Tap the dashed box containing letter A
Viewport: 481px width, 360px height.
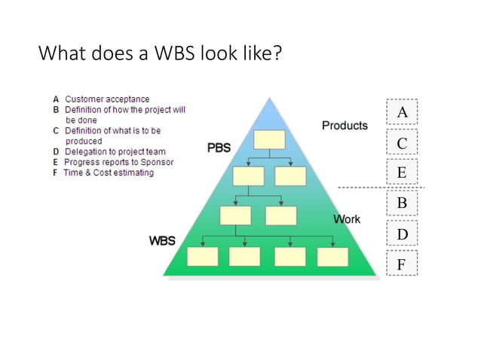(402, 112)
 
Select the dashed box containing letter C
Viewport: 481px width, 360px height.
(402, 143)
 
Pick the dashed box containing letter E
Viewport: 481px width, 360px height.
(402, 173)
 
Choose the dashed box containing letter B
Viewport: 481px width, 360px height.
(402, 203)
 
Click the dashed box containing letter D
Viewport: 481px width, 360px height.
(402, 234)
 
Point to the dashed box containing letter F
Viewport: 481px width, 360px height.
(402, 264)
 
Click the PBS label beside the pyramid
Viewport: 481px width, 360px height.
(219, 148)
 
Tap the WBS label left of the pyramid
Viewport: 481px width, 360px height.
(162, 241)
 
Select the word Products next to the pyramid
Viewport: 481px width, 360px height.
(345, 125)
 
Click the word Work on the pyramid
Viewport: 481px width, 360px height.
(347, 219)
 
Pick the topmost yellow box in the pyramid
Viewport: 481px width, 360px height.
(269, 140)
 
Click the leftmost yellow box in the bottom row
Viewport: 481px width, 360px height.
(202, 256)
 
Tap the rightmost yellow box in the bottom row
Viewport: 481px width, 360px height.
(332, 256)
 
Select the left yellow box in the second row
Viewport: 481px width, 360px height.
(248, 176)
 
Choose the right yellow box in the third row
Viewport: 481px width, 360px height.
(281, 215)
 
